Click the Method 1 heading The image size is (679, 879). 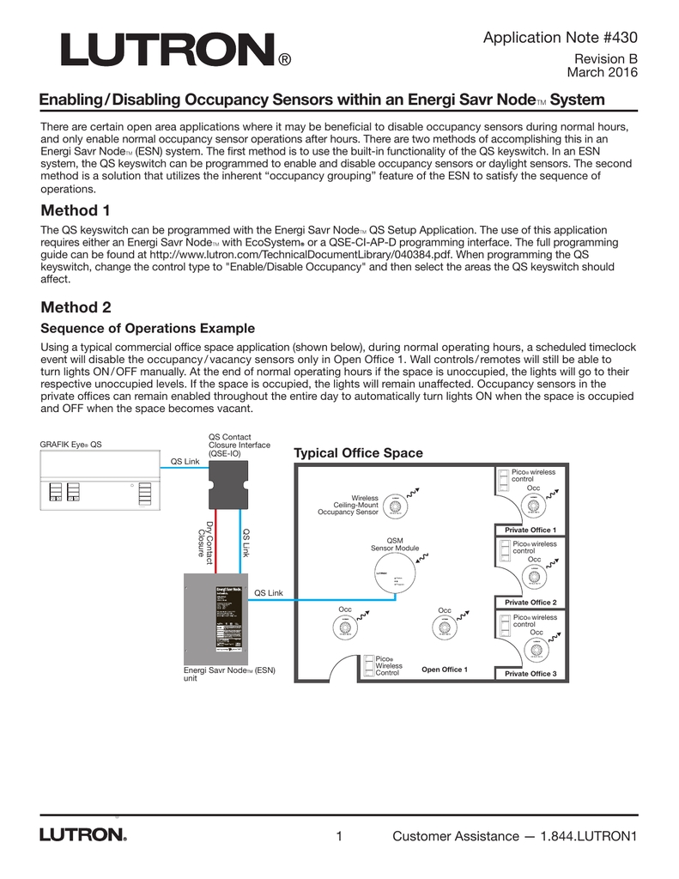tap(76, 210)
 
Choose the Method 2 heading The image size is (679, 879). tap(76, 306)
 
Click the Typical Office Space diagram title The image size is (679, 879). tap(358, 453)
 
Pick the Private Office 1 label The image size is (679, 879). tap(530, 530)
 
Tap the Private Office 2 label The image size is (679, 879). tap(530, 603)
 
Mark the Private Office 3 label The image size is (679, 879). tap(530, 674)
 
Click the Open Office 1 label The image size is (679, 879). tap(444, 669)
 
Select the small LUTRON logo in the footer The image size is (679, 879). tap(82, 835)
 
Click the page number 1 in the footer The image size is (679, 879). tap(340, 836)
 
